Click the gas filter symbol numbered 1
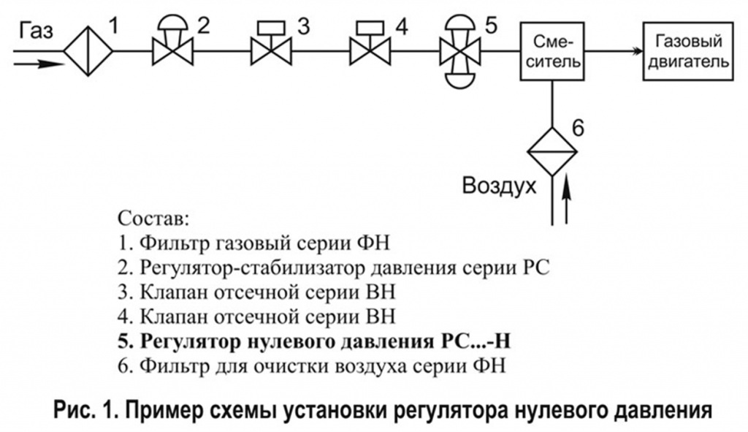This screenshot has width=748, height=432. coord(88,50)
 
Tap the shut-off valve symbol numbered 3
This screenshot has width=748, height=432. coord(271,43)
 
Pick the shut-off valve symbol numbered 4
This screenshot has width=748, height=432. coord(370,43)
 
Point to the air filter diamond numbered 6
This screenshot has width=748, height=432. coord(552,152)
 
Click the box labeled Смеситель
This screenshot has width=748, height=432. coord(552,51)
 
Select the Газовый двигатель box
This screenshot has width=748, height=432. coord(688,51)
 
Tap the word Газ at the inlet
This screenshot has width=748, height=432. coord(37,31)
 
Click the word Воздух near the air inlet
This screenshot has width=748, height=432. coord(499,186)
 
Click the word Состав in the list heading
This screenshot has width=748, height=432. coord(153,219)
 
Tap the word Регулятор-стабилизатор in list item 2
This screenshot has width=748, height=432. coord(252,268)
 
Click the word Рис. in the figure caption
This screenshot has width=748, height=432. coord(70,410)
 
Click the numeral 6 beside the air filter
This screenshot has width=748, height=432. coord(578,128)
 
